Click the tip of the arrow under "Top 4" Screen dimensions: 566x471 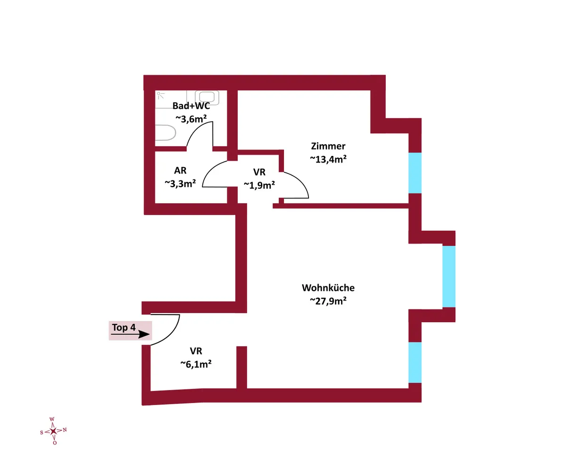(x=150, y=334)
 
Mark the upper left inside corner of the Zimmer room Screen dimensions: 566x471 (x=238, y=90)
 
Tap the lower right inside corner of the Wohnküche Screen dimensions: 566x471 (x=408, y=389)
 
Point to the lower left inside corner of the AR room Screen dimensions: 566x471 (x=155, y=203)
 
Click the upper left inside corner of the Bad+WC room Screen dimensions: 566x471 (x=155, y=90)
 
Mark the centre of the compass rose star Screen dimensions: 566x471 (x=53, y=431)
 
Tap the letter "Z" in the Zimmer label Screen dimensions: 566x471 (x=314, y=146)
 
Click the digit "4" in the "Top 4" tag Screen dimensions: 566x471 (x=133, y=327)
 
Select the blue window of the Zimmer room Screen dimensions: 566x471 (x=415, y=173)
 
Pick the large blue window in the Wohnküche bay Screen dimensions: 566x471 (x=449, y=276)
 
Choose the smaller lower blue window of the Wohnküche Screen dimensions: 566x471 (x=415, y=363)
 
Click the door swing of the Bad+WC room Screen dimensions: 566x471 (x=200, y=134)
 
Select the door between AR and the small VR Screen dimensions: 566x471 (x=215, y=174)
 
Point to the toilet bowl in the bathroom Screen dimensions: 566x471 (x=166, y=133)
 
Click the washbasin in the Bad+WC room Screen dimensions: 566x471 (x=207, y=97)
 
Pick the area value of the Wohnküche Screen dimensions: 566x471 (x=328, y=301)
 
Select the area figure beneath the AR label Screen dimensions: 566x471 (x=180, y=184)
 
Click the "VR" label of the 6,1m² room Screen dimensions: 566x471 (x=196, y=351)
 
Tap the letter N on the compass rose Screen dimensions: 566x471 (x=65, y=430)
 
